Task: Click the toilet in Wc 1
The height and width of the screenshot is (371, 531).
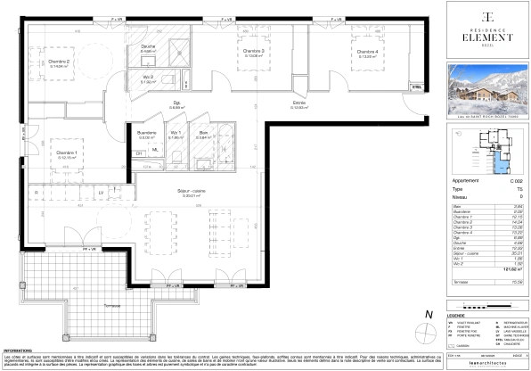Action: click(176, 158)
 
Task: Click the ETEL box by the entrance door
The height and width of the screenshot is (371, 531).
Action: click(414, 86)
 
